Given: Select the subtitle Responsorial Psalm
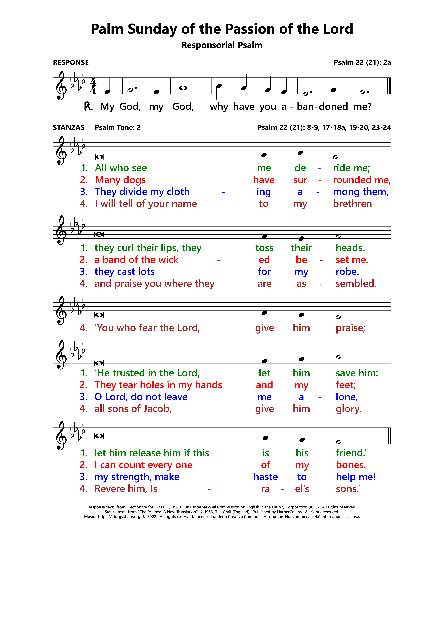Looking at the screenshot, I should click(222, 45).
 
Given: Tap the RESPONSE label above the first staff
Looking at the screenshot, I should click(71, 62).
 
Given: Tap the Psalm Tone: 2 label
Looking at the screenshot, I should click(118, 127).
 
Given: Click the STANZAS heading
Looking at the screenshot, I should click(69, 127).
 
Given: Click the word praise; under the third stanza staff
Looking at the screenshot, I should click(350, 328).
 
